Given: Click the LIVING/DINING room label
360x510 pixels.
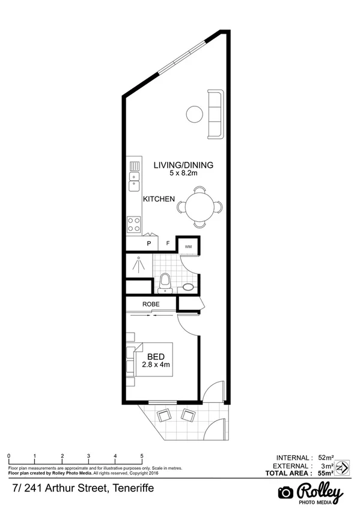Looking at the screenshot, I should tap(183, 165).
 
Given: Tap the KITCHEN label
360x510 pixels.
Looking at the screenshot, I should tap(159, 199).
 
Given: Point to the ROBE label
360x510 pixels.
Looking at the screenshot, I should tap(151, 304).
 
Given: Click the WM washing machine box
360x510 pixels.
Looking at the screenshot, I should tap(188, 247).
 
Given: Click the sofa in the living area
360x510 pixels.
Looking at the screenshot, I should tap(215, 114).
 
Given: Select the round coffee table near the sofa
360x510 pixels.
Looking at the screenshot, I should tap(194, 113).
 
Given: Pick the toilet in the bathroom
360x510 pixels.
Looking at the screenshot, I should tap(166, 281).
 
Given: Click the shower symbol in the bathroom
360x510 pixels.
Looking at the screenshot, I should tap(139, 263).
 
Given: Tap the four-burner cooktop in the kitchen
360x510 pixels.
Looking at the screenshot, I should tap(134, 224).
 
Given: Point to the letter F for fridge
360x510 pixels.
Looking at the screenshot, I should tap(168, 244).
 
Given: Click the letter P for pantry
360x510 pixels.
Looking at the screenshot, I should tap(149, 244).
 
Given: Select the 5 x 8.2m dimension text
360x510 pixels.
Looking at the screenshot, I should tap(183, 173).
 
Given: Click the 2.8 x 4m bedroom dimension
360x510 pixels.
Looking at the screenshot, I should tap(156, 364).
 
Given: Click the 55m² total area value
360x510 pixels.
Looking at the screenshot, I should tap(325, 474).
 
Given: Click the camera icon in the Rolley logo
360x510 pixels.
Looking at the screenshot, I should tap(285, 493).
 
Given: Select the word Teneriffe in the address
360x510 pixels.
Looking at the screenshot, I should tap(130, 488).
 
